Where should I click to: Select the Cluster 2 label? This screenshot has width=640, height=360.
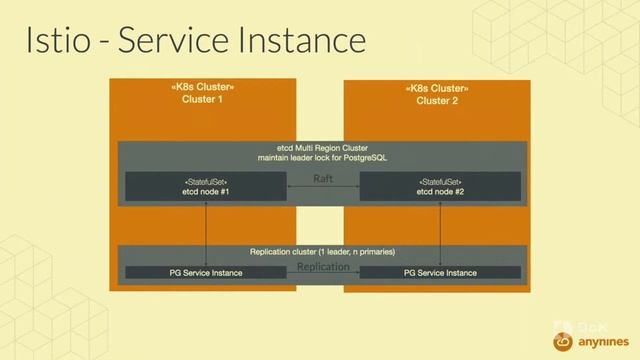[437, 100]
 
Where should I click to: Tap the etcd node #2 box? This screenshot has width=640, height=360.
[439, 186]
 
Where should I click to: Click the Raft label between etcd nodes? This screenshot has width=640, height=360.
[323, 178]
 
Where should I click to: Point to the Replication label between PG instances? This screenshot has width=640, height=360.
[323, 267]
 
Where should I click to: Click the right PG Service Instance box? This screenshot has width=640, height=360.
[439, 272]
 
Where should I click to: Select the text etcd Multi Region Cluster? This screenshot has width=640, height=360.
[321, 147]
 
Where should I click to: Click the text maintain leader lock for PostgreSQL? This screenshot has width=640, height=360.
[321, 158]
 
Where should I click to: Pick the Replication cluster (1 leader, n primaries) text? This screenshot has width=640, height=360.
[321, 252]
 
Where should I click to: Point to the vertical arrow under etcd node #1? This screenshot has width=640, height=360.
[205, 232]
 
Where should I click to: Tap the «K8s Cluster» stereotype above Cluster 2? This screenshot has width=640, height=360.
[437, 88]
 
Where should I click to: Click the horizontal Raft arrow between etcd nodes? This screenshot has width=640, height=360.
[323, 188]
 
